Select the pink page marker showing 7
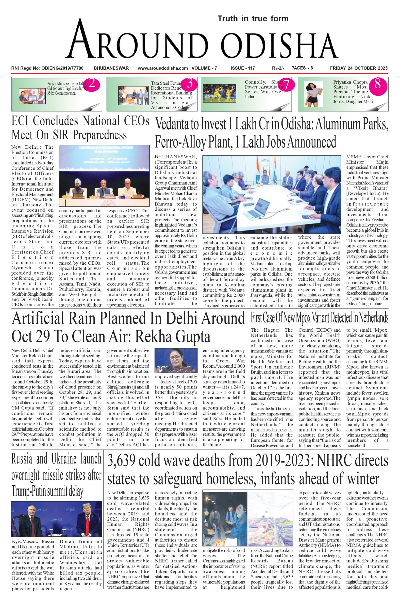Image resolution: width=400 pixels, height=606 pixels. pyautogui.click(x=286, y=85)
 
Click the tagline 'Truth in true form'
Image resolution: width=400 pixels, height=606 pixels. pyautogui.click(x=253, y=19)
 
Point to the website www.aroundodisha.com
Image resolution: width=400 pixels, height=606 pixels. pyautogui.click(x=163, y=68)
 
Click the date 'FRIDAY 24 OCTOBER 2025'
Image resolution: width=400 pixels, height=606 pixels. pyautogui.click(x=359, y=68)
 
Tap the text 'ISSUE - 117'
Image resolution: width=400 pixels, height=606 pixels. pyautogui.click(x=243, y=68)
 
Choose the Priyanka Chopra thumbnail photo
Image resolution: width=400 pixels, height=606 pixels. pyautogui.click(x=314, y=94)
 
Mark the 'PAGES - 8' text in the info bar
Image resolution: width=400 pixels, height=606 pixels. pyautogui.click(x=302, y=68)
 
